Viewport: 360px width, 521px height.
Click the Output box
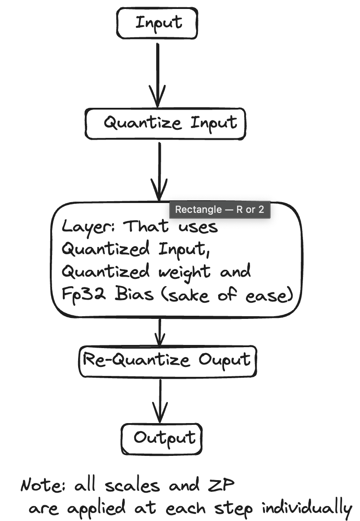(162, 438)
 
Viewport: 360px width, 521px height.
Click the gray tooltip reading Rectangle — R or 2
(220, 210)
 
